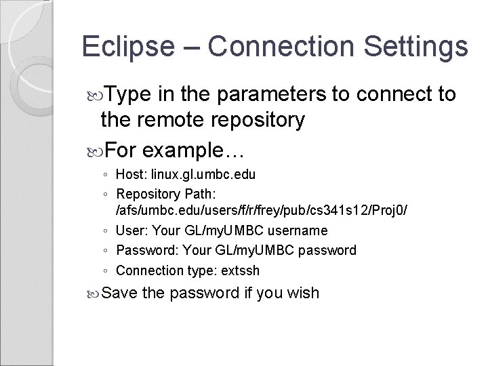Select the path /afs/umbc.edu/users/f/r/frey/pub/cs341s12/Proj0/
tap(262, 211)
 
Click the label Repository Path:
tap(167, 194)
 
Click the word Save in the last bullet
tap(119, 293)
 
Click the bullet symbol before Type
tap(96, 95)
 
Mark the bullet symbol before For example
tap(96, 148)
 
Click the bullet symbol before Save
tap(96, 294)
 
